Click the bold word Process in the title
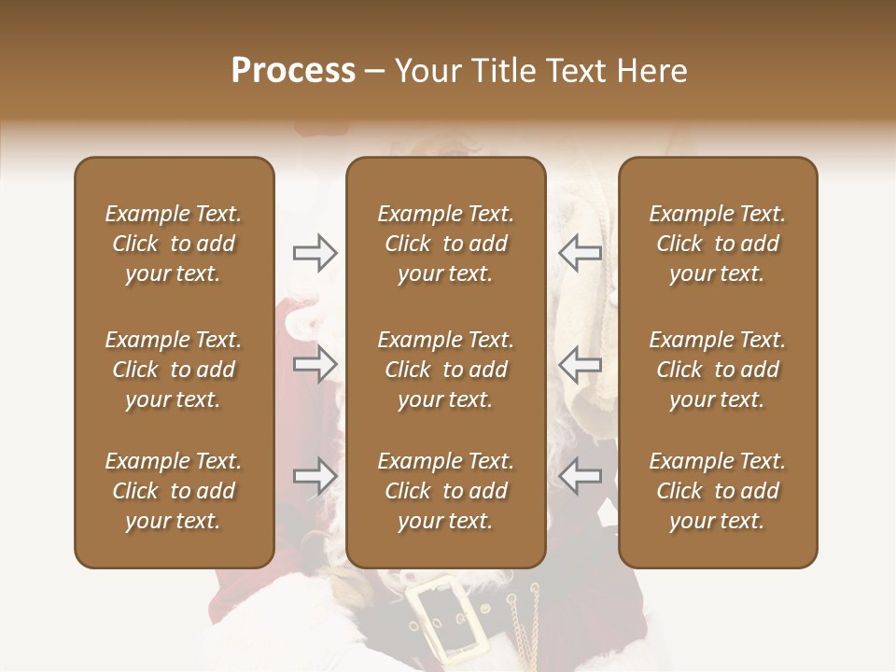coord(293,71)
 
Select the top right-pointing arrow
coord(315,253)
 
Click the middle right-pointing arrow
coord(315,364)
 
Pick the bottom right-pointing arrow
coord(315,476)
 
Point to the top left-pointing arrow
coord(581,253)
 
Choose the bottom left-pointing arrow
coord(581,476)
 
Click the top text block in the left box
coord(174,244)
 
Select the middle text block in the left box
coord(174,370)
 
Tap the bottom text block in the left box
coord(174,491)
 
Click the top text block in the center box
coord(445,244)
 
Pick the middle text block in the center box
coord(445,370)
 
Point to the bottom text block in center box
coord(445,491)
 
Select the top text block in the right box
coord(718,244)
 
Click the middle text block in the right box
coord(718,370)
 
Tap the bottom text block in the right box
coord(718,491)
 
